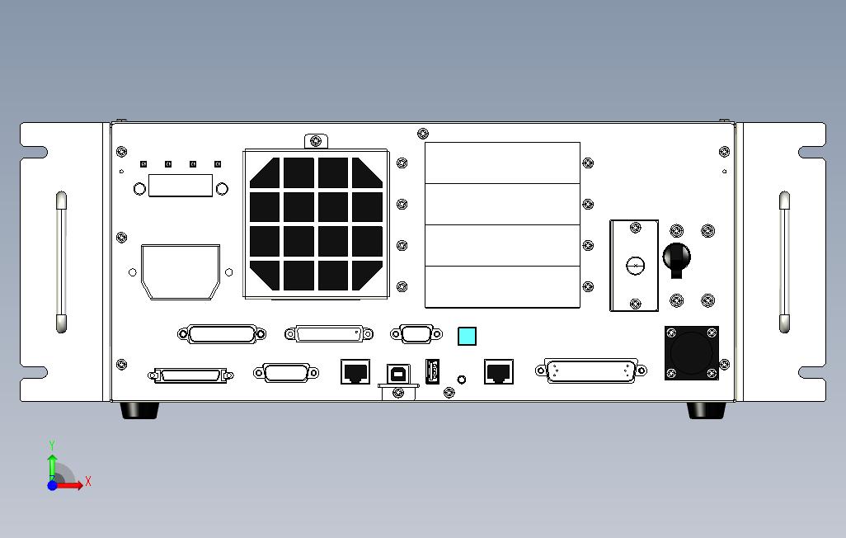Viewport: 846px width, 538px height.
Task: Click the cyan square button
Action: (467, 336)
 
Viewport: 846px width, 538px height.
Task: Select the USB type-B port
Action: (398, 372)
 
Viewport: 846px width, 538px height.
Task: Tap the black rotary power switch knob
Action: (676, 258)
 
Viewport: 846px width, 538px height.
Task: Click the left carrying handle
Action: (61, 262)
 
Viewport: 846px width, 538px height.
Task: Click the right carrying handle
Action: (784, 262)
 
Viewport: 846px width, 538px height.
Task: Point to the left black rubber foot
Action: (139, 410)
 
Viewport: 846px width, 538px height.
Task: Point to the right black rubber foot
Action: (707, 410)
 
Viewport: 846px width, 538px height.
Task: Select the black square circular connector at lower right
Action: (692, 353)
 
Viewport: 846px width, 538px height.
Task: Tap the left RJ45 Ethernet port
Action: (355, 371)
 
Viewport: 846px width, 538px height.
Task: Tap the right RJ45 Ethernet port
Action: (498, 371)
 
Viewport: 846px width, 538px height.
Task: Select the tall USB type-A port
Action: (430, 372)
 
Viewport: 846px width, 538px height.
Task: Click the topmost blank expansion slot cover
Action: (502, 163)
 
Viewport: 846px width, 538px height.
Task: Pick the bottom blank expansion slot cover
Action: (502, 287)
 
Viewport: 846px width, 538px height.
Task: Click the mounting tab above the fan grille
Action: (316, 142)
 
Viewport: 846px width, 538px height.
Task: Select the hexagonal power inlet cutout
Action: (181, 271)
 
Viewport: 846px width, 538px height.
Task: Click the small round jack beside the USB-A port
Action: (462, 380)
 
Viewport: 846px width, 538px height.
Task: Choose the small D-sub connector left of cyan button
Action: (411, 333)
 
